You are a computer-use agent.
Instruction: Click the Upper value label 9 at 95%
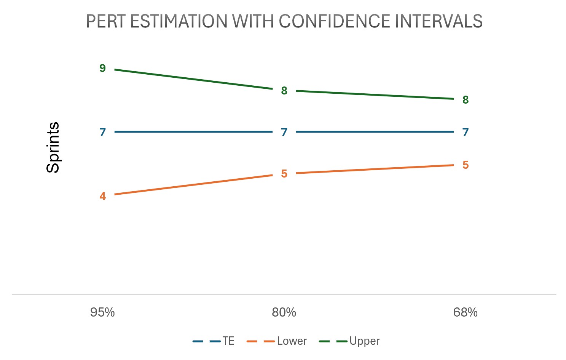pos(102,68)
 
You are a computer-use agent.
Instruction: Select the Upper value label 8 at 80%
pos(284,91)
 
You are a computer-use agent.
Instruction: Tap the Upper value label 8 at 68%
pos(465,100)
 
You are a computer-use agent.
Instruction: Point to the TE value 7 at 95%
pos(102,132)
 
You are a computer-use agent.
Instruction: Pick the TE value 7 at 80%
pos(284,132)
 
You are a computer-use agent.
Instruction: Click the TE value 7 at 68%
pos(465,132)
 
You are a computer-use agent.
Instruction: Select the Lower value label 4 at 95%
pos(102,196)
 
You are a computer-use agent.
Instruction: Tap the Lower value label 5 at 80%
pos(284,174)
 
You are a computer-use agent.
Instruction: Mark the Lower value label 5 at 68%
pos(465,165)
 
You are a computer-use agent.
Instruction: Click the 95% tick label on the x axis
pos(102,312)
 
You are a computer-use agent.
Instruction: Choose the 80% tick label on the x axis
pos(284,312)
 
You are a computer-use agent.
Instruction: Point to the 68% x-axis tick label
pos(465,312)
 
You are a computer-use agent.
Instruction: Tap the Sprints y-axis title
pos(53,148)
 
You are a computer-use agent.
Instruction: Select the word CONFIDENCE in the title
pos(335,21)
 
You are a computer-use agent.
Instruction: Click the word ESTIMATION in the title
pos(179,21)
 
